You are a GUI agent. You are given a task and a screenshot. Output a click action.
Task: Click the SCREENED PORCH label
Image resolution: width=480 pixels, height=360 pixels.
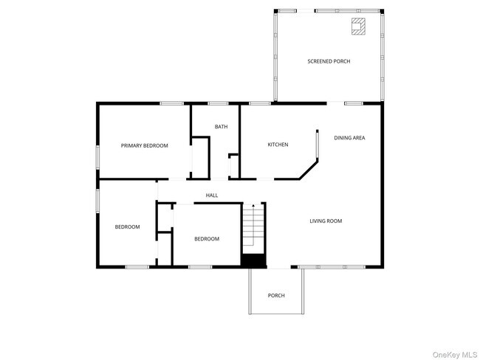tap(329, 61)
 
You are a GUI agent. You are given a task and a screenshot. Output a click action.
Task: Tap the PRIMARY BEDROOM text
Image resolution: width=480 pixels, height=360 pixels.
tap(144, 146)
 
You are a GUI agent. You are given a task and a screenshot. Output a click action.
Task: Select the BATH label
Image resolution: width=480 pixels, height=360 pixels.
tap(221, 127)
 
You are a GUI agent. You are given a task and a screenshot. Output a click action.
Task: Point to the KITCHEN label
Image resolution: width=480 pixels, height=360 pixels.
tap(278, 145)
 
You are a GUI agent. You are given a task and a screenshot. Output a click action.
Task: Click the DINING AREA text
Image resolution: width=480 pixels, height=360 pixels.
tap(349, 138)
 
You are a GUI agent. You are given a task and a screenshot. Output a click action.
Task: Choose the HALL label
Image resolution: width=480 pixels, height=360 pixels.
tap(211, 195)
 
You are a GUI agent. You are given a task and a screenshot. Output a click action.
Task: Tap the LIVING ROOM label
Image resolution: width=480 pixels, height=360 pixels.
tap(325, 221)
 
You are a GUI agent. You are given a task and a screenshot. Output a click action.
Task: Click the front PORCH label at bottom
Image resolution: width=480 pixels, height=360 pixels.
tap(276, 296)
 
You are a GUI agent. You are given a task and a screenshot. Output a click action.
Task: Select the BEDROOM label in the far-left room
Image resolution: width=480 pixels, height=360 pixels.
tap(127, 227)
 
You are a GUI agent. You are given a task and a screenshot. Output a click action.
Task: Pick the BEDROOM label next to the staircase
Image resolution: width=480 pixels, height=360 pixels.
tap(207, 239)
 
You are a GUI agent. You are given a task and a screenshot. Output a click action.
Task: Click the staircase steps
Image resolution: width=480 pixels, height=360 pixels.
tap(253, 229)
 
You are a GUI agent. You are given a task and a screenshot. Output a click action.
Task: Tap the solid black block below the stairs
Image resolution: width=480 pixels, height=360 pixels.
tap(253, 260)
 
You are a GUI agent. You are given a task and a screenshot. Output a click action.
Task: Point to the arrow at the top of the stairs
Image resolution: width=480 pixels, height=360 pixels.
tap(253, 206)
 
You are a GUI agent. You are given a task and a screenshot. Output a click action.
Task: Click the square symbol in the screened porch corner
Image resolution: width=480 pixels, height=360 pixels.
tap(358, 27)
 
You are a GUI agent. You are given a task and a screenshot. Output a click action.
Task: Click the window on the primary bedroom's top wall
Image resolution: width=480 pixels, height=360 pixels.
tap(172, 103)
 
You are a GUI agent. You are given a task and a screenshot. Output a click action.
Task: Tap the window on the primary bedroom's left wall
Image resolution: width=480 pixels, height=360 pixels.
tap(97, 157)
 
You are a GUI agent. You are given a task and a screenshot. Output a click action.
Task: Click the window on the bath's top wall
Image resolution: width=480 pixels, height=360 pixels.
tap(218, 103)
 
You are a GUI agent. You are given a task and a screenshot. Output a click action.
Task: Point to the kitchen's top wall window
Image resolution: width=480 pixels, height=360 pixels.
tap(259, 103)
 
